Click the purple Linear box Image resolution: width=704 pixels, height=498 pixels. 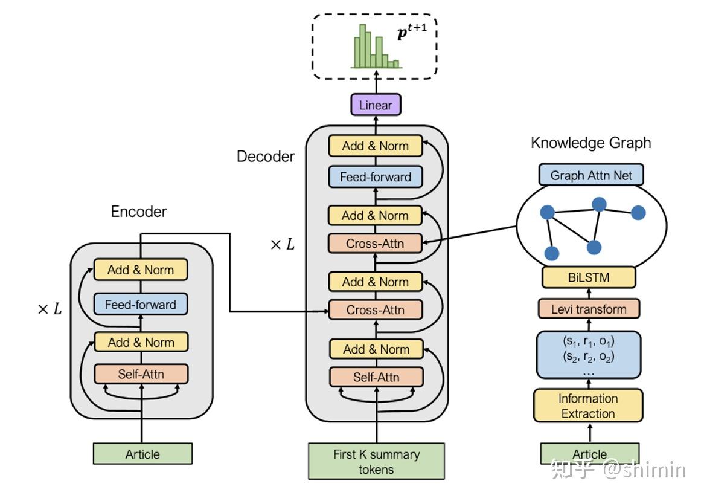click(376, 105)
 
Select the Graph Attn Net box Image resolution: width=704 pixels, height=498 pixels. click(590, 175)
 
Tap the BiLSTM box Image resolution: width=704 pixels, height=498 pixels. click(589, 277)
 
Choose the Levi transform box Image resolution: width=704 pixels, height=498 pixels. click(589, 309)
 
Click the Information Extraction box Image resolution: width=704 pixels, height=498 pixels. click(588, 406)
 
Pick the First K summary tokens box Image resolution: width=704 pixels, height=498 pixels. click(376, 462)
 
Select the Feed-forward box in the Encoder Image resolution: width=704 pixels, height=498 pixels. click(141, 305)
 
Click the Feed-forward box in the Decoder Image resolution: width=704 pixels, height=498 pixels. click(375, 177)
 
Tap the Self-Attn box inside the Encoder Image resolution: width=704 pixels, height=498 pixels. click(141, 374)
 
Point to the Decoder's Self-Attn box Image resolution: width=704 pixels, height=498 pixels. click(376, 377)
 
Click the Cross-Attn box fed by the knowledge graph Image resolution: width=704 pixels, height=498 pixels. click(375, 244)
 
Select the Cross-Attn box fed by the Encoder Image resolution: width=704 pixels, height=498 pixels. click(375, 310)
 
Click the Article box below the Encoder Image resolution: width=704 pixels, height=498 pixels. click(142, 454)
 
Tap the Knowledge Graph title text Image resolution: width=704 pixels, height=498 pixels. click(590, 143)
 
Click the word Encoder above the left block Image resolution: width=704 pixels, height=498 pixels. click(139, 212)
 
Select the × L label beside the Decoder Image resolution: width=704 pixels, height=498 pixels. click(282, 245)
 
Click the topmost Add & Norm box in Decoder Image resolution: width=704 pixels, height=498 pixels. click(375, 146)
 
